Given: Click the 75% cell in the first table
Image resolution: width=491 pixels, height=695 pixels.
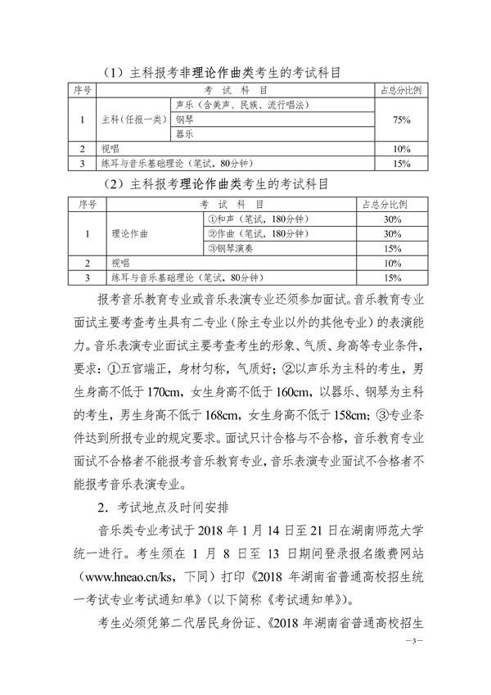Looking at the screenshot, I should (x=402, y=120).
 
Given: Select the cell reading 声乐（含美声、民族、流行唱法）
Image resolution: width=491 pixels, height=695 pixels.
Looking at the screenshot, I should (x=241, y=105).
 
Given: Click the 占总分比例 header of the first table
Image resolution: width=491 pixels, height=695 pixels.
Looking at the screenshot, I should (x=402, y=89).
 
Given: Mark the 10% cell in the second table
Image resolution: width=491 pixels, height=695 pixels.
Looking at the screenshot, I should (x=391, y=264).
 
